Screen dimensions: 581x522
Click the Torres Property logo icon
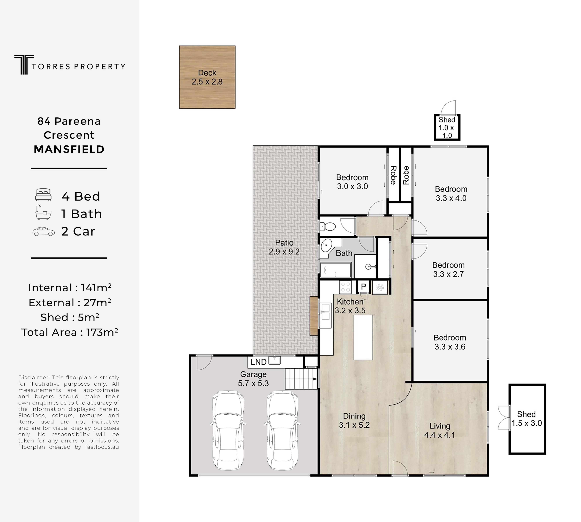24,65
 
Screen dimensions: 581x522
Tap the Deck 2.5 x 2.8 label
207,77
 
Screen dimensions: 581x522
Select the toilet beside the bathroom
328,227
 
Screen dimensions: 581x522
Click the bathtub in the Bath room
335,270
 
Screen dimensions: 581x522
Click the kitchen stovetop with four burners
345,287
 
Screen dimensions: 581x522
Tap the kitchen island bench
363,337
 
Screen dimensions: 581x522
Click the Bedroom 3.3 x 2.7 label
448,270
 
